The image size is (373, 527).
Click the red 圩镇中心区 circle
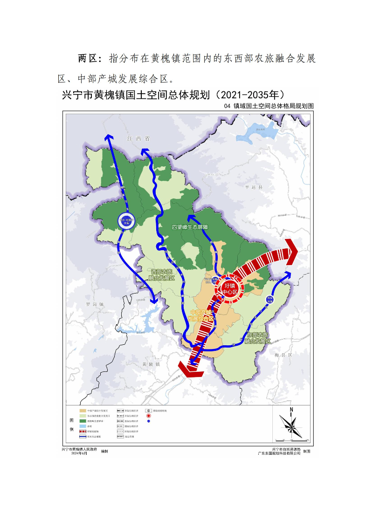[x=229, y=288]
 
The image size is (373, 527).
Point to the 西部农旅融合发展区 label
[x=161, y=274]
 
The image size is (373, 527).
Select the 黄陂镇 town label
[x=152, y=363]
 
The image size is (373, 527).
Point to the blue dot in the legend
[x=148, y=421]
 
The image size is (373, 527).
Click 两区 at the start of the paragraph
[x=87, y=59]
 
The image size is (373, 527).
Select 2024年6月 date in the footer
[x=79, y=453]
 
